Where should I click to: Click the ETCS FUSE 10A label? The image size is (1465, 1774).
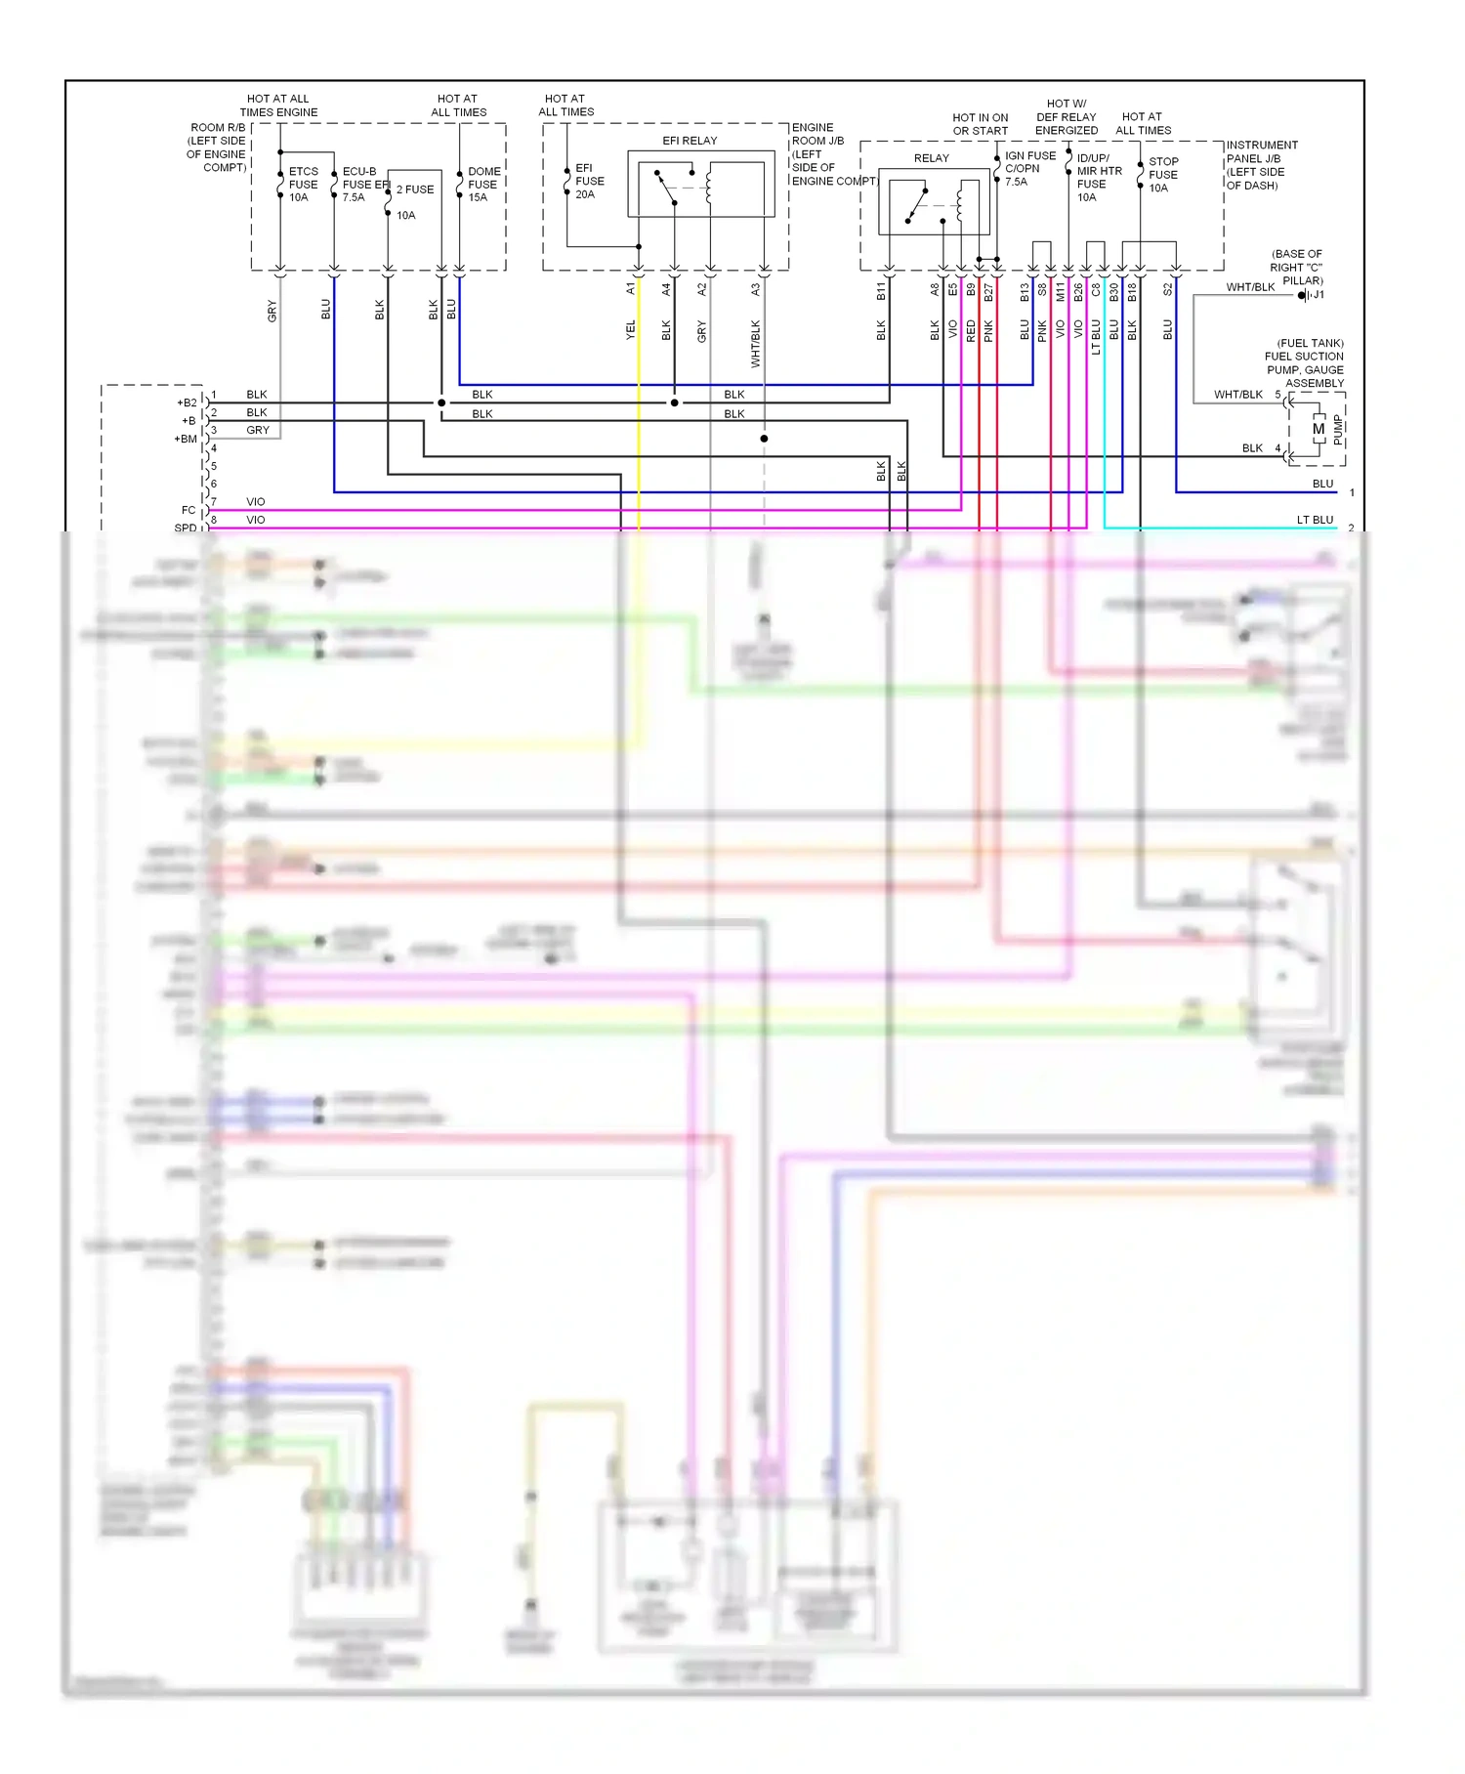coord(303,184)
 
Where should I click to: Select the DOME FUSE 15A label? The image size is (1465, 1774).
coord(483,184)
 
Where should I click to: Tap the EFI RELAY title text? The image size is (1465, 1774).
coord(690,141)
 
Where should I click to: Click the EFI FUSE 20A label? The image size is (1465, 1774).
coord(589,181)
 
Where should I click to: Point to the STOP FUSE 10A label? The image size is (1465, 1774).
coord(1163,175)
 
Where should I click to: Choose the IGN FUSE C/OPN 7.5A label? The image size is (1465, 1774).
coord(1028,168)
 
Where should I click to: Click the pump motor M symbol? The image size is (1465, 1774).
coord(1318,429)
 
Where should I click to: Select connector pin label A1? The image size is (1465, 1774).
coord(631,289)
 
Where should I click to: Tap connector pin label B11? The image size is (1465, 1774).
coord(881,290)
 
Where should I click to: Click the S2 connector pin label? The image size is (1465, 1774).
coord(1167,289)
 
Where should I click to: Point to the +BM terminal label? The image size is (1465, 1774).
coord(186,439)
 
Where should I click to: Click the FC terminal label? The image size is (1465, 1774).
coord(188,510)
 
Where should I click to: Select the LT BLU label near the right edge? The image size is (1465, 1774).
coord(1315,520)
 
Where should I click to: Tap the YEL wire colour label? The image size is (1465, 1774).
coord(631,330)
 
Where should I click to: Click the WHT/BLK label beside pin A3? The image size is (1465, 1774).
coord(755,344)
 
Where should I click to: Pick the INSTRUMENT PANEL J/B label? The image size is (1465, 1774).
coord(1261,165)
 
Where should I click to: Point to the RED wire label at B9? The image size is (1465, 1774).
coord(971,330)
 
